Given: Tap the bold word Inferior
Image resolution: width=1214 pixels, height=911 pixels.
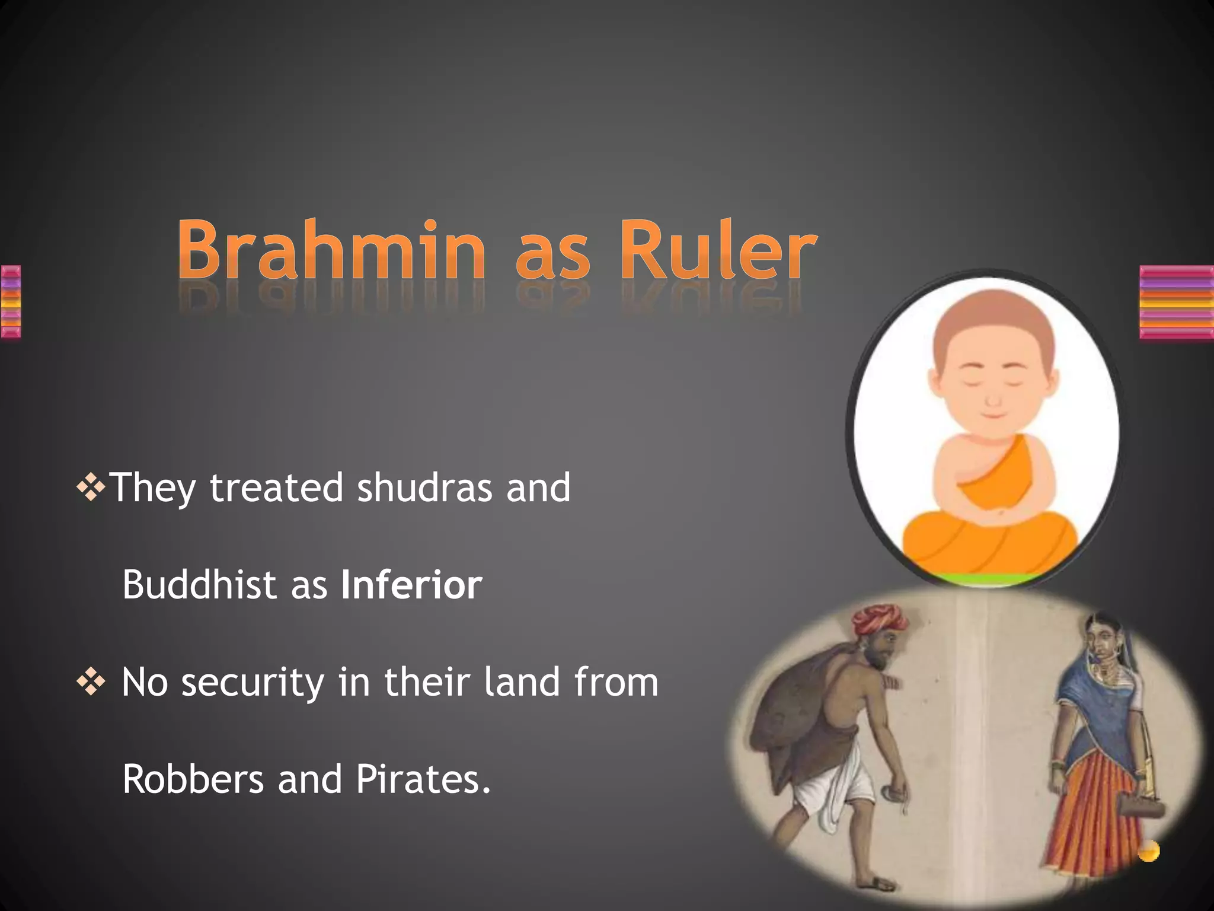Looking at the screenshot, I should click(x=411, y=585).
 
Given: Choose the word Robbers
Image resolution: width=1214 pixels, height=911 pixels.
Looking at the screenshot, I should click(x=193, y=779).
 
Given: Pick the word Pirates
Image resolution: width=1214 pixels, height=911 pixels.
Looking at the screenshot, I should click(x=423, y=779).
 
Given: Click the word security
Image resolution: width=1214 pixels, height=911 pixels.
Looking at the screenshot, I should click(x=253, y=682).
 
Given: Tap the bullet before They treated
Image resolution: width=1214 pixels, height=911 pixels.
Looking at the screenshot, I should click(x=91, y=488).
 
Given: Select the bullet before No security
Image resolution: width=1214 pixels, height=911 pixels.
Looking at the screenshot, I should click(x=91, y=682).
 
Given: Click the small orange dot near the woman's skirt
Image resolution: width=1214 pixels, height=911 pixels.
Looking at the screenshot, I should click(x=1148, y=851).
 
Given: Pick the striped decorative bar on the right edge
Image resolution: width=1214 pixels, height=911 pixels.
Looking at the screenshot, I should click(x=1176, y=302).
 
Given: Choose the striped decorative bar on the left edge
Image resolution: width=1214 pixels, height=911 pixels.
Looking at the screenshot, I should click(x=11, y=302).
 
